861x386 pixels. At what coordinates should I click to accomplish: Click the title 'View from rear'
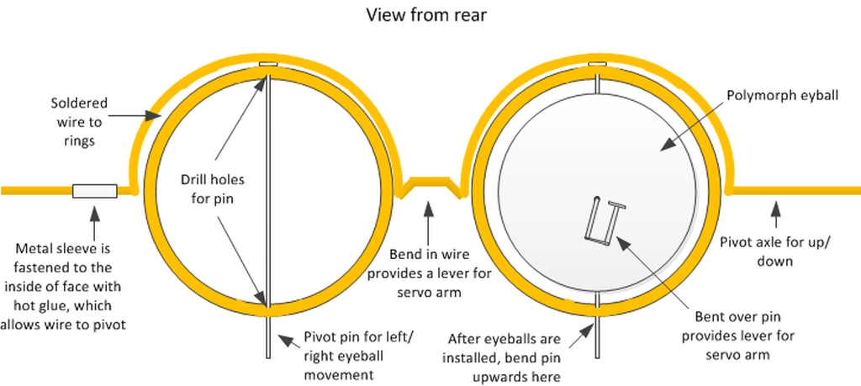coord(427,15)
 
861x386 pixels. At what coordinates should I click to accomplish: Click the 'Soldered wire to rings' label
coord(79,121)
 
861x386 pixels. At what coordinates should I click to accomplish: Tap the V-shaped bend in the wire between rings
coord(430,185)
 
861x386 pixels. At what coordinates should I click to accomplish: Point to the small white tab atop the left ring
coord(267,64)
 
